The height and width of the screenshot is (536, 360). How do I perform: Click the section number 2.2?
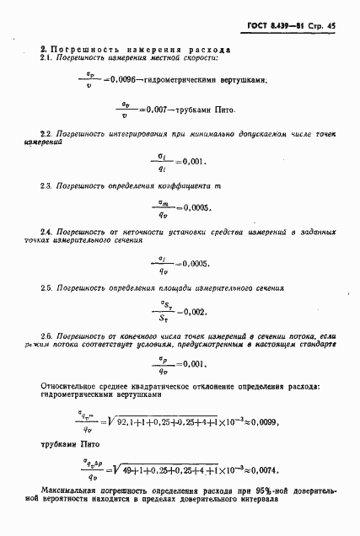click(47, 134)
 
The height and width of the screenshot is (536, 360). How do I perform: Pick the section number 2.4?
click(47, 231)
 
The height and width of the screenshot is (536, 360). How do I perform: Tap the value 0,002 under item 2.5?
click(192, 311)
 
